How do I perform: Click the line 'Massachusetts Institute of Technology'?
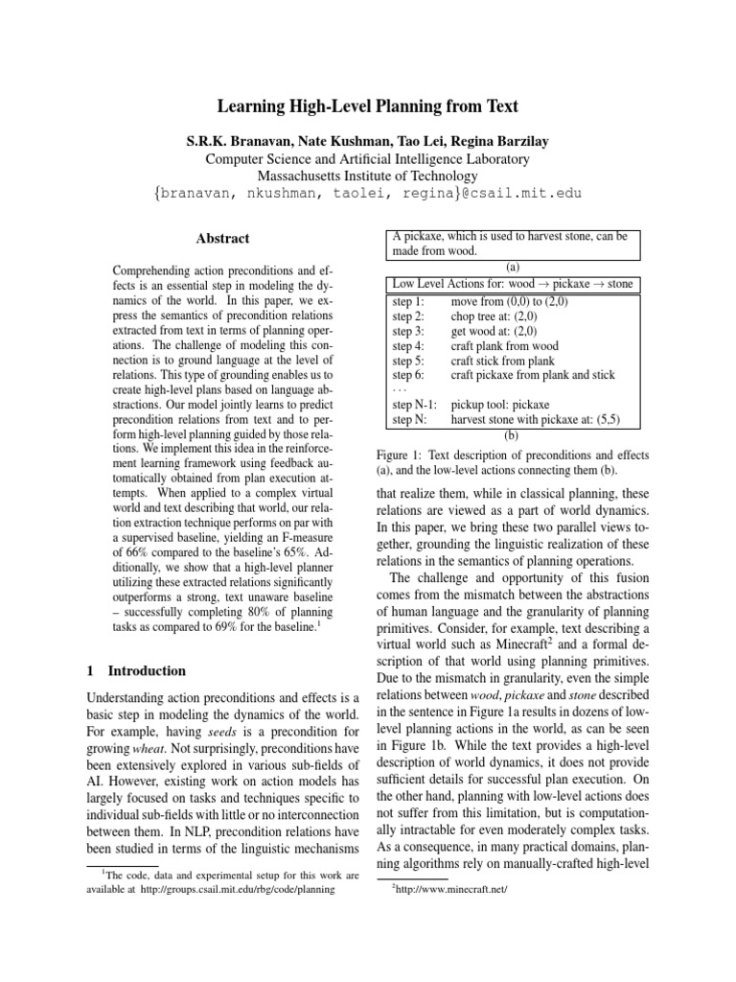367,176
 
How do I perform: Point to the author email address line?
367,195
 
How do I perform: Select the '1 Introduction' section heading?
136,670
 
